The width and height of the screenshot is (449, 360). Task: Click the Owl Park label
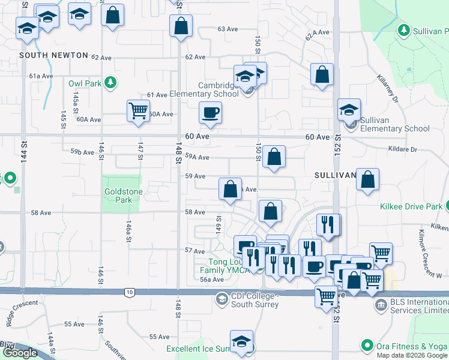point(85,83)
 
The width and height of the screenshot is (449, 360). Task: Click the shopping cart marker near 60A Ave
point(138,111)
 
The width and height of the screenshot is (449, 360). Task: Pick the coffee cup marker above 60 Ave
point(210,112)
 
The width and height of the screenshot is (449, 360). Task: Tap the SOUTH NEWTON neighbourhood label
point(50,55)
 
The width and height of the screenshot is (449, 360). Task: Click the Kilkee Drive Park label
point(411,207)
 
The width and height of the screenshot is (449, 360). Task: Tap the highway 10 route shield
point(130,292)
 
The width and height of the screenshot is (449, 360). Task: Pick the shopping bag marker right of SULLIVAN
point(367,179)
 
